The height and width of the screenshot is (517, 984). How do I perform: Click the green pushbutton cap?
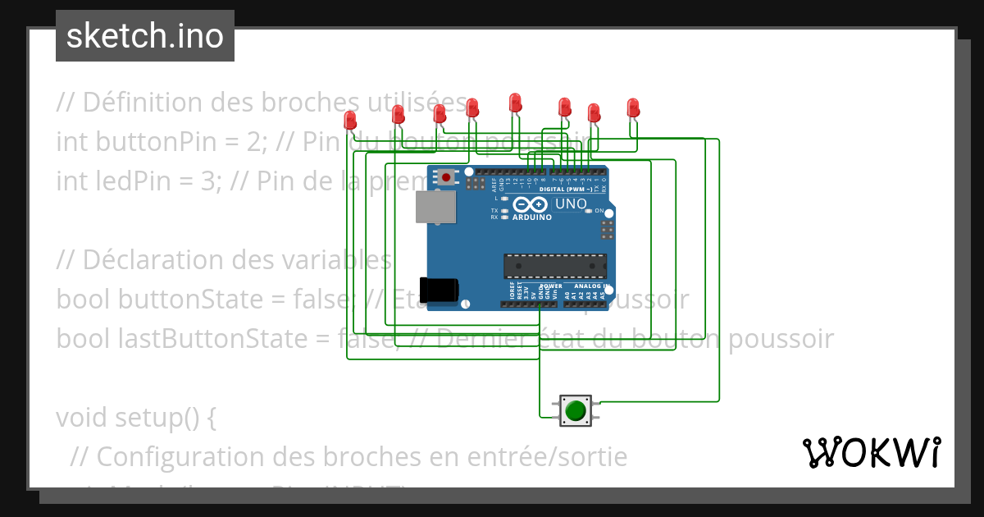click(576, 410)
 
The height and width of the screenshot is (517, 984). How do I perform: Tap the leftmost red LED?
click(350, 120)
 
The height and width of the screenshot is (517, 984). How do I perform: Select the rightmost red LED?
click(632, 108)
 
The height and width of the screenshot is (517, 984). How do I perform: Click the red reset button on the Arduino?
click(445, 176)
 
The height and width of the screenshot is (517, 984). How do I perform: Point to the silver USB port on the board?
click(435, 208)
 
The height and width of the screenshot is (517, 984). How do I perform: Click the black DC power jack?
click(438, 290)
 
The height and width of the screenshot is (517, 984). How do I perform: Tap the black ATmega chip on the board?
click(555, 267)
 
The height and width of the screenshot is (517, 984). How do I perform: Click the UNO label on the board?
click(571, 204)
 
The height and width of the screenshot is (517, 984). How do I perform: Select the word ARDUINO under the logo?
click(531, 217)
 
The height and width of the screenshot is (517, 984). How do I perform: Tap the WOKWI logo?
click(871, 452)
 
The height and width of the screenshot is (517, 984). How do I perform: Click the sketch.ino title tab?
click(145, 36)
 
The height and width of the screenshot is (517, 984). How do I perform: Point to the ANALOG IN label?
click(591, 286)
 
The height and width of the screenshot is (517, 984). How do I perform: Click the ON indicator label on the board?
click(599, 211)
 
